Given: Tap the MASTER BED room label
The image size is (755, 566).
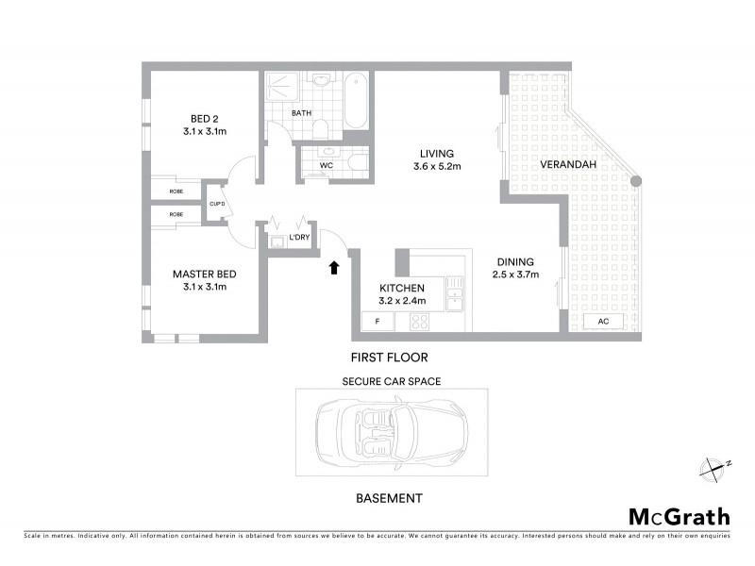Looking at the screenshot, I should [x=199, y=275].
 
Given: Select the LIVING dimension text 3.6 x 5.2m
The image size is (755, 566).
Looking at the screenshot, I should [x=436, y=167].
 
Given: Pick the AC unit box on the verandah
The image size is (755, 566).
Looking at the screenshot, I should [x=602, y=322].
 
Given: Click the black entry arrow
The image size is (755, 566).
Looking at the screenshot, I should [x=333, y=268].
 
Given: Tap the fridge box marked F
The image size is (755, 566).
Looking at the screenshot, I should [x=378, y=322].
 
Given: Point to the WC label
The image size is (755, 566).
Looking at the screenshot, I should [x=327, y=165].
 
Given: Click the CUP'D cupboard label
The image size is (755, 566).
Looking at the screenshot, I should [x=216, y=202].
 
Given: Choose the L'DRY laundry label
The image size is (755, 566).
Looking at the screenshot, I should [x=300, y=237].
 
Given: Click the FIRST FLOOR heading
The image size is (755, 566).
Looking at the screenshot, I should [x=390, y=358].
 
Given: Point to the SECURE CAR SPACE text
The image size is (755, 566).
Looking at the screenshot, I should [x=391, y=381].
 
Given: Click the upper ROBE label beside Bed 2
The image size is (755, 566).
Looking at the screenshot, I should [x=176, y=191].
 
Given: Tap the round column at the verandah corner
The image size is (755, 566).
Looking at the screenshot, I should [x=637, y=181].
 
